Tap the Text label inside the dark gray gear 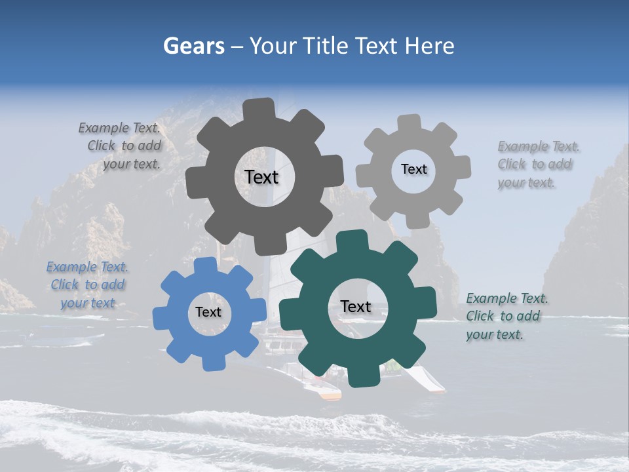pos(261,177)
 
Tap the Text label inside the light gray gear pos(413,169)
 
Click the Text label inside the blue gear pos(208,313)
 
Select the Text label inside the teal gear pos(356,307)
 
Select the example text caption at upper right pos(537,165)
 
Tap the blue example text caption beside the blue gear pos(88,285)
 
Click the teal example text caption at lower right pos(506,317)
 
